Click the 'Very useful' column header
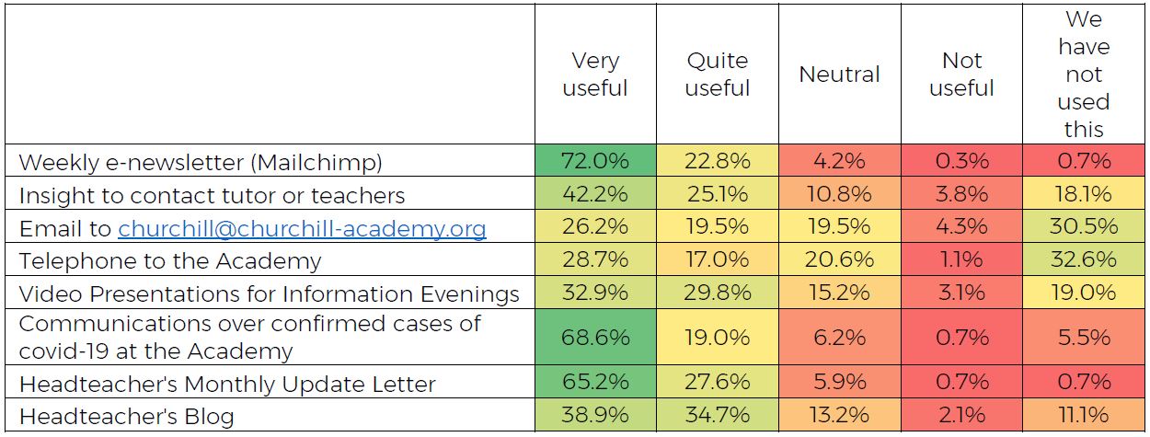(595, 75)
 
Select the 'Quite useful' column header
(718, 75)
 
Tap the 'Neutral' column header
(839, 75)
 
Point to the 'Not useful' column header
(961, 75)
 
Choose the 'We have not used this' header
(1083, 75)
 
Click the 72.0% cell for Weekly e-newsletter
(595, 161)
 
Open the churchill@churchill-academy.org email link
(302, 228)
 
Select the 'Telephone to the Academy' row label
(170, 261)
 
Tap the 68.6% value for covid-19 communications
(595, 338)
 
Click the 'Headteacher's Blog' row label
(126, 416)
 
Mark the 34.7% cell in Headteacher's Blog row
(718, 416)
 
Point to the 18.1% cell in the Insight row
(1083, 195)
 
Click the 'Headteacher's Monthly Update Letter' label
(227, 384)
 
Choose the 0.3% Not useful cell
(961, 161)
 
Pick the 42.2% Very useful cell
(595, 195)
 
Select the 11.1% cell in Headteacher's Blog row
(1083, 416)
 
